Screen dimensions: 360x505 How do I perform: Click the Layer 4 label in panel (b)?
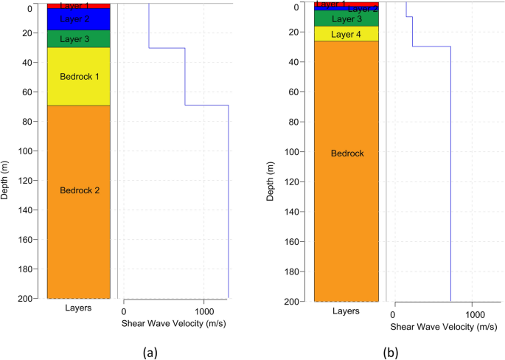tap(346, 35)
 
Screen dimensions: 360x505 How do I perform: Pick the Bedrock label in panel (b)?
tap(346, 153)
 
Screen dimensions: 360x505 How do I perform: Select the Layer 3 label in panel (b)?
tap(346, 19)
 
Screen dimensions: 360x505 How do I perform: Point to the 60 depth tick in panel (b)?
tap(304, 92)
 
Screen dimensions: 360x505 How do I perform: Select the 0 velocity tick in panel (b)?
tap(395, 313)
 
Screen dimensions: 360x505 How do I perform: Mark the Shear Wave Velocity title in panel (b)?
tap(441, 326)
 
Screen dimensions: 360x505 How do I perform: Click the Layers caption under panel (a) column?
tap(78, 308)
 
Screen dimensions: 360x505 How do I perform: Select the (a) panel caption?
tap(150, 352)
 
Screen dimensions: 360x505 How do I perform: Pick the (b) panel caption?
tap(391, 353)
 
